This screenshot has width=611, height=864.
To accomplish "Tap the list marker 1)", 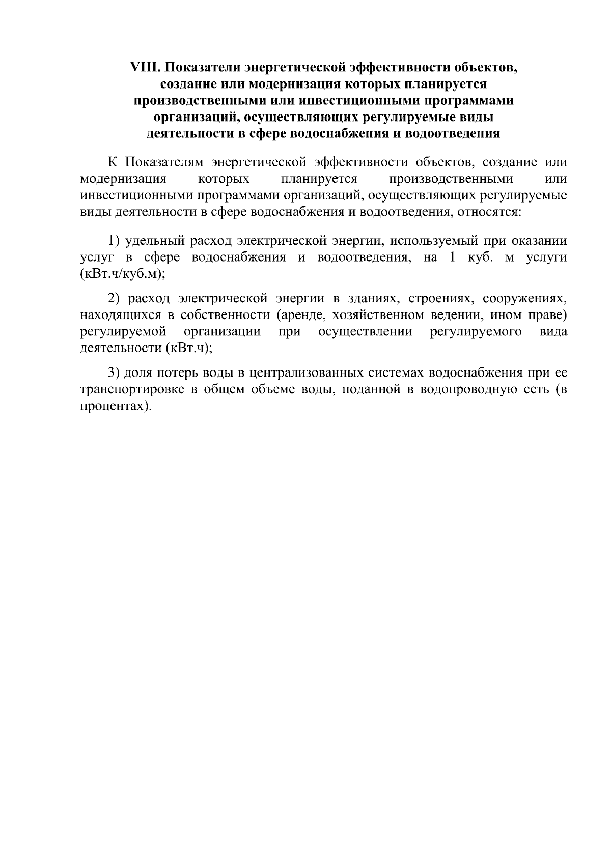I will [x=114, y=241].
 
